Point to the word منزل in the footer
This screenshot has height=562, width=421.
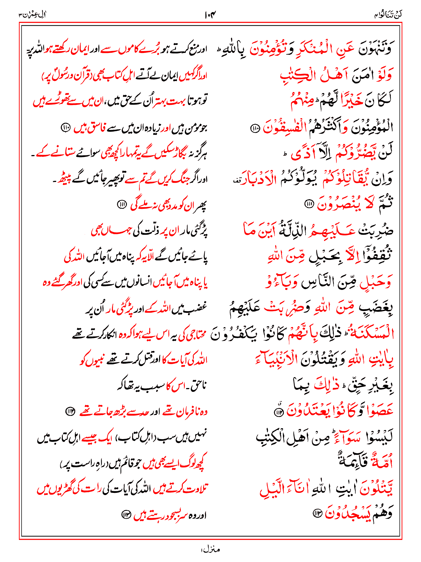210,550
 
